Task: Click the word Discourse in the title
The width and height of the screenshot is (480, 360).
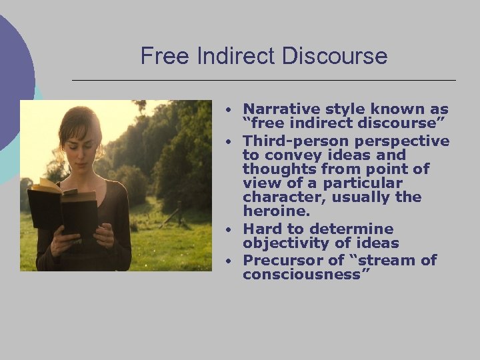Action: click(335, 56)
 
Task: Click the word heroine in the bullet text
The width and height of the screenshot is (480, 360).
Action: click(275, 211)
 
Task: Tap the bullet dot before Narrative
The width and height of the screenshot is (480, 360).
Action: click(228, 109)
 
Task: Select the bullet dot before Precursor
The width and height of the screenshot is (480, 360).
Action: click(228, 261)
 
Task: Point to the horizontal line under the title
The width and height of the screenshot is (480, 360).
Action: click(263, 80)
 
